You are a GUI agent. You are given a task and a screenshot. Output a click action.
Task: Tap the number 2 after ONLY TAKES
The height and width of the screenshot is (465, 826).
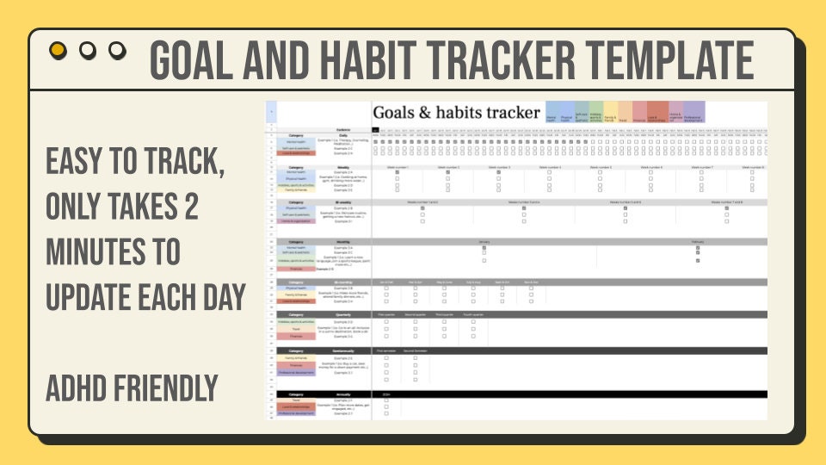[x=190, y=208]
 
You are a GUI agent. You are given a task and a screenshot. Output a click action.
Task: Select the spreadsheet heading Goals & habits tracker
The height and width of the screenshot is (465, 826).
[x=456, y=113]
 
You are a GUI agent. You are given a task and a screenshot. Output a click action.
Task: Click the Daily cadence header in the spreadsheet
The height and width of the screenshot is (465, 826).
[x=342, y=134]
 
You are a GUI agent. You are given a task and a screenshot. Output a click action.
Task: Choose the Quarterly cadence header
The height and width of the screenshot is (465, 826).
[x=342, y=315]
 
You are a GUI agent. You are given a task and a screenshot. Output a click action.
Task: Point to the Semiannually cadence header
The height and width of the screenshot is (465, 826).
[x=342, y=351]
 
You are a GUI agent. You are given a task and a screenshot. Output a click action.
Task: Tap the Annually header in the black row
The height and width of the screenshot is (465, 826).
[x=342, y=394]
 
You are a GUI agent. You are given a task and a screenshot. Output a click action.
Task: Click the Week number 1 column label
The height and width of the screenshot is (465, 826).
[x=397, y=167]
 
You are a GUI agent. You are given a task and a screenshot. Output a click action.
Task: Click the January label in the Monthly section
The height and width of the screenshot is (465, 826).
[x=484, y=242]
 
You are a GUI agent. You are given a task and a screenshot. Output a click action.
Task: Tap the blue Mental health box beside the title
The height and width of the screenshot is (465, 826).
[x=552, y=113]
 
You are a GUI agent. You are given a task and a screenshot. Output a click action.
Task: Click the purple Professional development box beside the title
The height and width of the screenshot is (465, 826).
[x=693, y=113]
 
